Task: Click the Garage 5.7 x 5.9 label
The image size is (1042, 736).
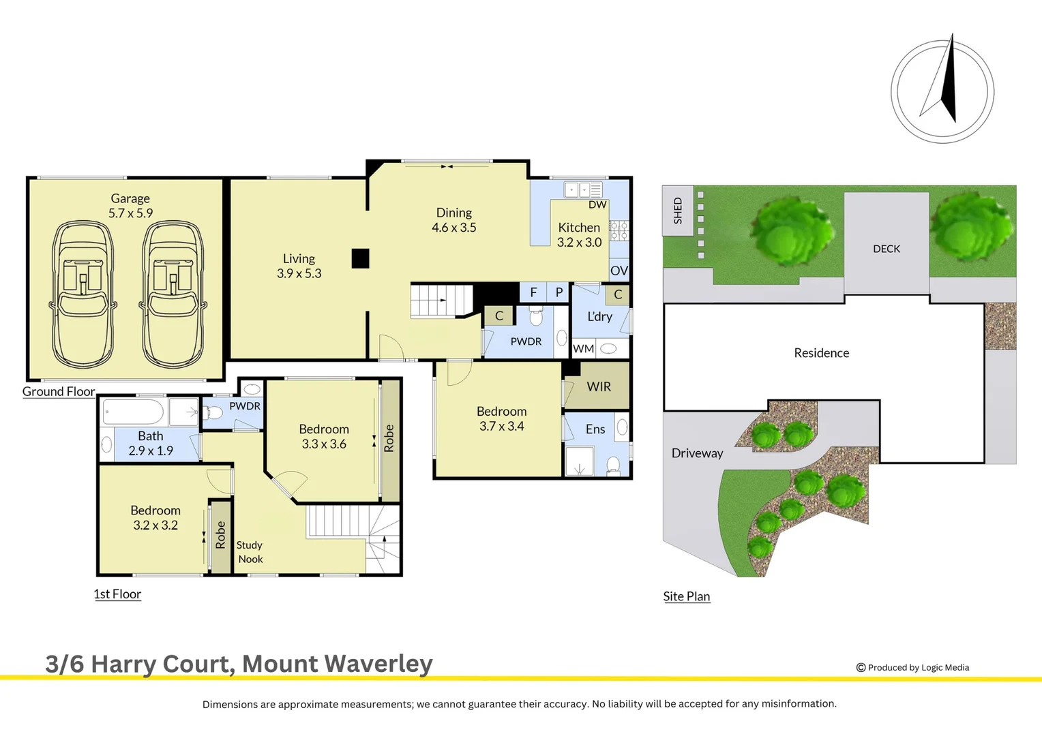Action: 130,206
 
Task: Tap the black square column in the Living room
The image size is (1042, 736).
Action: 360,258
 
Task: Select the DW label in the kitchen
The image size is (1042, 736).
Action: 597,204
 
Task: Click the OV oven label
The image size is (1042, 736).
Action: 619,271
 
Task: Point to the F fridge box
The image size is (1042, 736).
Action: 533,292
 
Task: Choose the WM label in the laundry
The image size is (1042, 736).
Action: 583,348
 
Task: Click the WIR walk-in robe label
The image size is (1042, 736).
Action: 599,386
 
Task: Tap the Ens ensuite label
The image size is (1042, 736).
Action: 595,429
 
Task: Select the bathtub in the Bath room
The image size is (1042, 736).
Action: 133,412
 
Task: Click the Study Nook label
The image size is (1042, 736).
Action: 250,552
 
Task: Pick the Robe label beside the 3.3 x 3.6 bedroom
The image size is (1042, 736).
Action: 389,438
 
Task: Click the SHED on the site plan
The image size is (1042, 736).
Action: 678,210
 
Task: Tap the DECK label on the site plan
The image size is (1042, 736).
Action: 886,249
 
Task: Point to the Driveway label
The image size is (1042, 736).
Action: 697,453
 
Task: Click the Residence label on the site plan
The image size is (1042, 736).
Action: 822,353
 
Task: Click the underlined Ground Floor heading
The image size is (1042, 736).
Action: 59,392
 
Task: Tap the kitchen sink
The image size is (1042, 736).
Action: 583,189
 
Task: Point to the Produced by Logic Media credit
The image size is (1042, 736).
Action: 912,668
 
